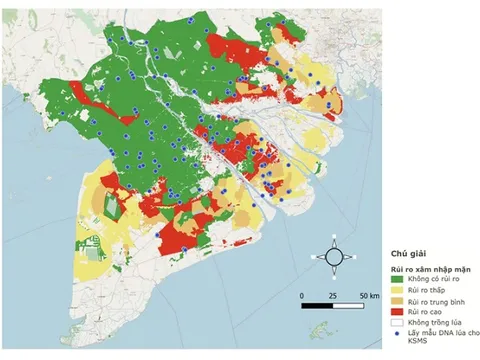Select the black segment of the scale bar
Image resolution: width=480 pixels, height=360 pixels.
coord(316,304)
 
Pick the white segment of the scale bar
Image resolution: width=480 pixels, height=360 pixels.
coord(348,304)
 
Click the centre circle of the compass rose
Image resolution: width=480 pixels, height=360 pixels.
coord(333,257)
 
